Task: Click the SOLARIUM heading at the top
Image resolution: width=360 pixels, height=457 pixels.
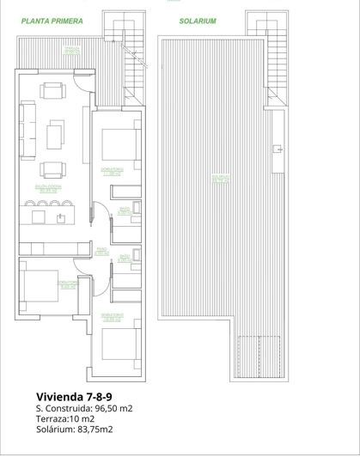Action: [198, 21]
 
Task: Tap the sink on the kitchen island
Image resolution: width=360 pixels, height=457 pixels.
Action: [60, 217]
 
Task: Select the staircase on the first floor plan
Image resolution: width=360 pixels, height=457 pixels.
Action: [132, 69]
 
